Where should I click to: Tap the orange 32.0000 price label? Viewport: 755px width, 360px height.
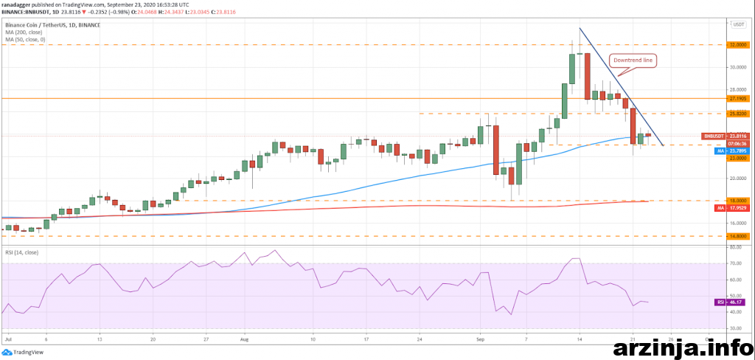(738, 44)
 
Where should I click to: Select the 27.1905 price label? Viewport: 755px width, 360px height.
(738, 98)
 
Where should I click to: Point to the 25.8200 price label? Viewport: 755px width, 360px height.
(738, 114)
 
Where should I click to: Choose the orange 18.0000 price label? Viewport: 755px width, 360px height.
(738, 201)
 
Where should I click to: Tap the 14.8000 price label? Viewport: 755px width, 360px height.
(738, 236)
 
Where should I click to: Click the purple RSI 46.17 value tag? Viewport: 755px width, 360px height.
(732, 302)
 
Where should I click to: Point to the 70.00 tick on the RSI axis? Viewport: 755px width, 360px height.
(734, 263)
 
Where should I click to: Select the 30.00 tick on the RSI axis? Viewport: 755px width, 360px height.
(734, 330)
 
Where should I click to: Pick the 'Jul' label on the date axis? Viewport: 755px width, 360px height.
(7, 341)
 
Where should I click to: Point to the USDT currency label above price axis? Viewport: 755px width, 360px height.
(737, 24)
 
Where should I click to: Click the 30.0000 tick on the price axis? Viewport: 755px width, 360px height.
(738, 66)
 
